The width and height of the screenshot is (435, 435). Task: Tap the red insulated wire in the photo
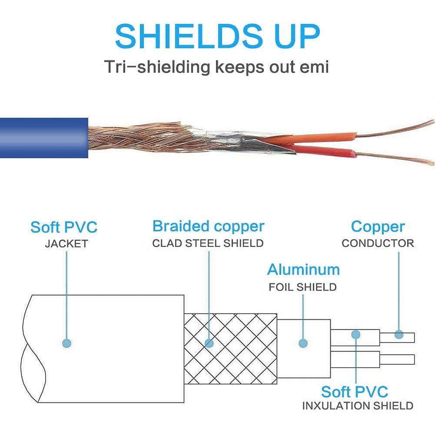[x=324, y=152]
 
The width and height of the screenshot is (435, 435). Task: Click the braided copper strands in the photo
[x=130, y=137]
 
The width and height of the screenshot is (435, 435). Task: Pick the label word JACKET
[x=66, y=244]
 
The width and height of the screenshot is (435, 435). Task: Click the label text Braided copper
[x=208, y=226]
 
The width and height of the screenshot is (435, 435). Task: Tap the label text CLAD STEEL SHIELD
[x=208, y=243]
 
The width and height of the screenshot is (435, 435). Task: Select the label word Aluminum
[x=303, y=270]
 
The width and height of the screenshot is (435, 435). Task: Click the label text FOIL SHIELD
[x=302, y=287]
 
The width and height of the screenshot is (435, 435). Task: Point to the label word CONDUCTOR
[x=378, y=243]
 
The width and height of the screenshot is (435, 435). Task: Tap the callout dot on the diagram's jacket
[x=66, y=343]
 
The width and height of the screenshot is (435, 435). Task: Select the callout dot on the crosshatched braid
[x=209, y=343]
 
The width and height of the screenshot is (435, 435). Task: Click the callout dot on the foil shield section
[x=303, y=343]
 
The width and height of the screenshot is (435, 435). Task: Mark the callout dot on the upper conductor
[x=398, y=334]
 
